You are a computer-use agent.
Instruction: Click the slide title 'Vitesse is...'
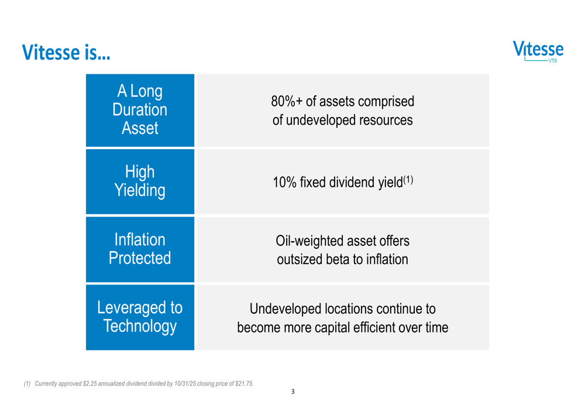[66, 53]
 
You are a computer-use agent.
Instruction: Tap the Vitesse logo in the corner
[538, 50]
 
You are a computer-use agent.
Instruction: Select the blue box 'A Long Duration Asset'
[140, 110]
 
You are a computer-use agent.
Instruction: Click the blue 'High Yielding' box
[140, 181]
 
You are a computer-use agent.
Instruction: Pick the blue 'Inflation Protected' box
[140, 249]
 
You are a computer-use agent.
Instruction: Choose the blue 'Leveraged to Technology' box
[140, 317]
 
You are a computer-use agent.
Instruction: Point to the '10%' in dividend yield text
[284, 183]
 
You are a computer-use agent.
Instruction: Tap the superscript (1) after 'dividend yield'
[408, 179]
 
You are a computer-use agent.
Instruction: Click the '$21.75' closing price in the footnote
[243, 384]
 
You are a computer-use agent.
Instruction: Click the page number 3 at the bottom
[292, 392]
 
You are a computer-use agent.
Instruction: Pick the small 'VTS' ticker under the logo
[553, 61]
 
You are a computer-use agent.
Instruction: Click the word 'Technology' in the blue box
[140, 326]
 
